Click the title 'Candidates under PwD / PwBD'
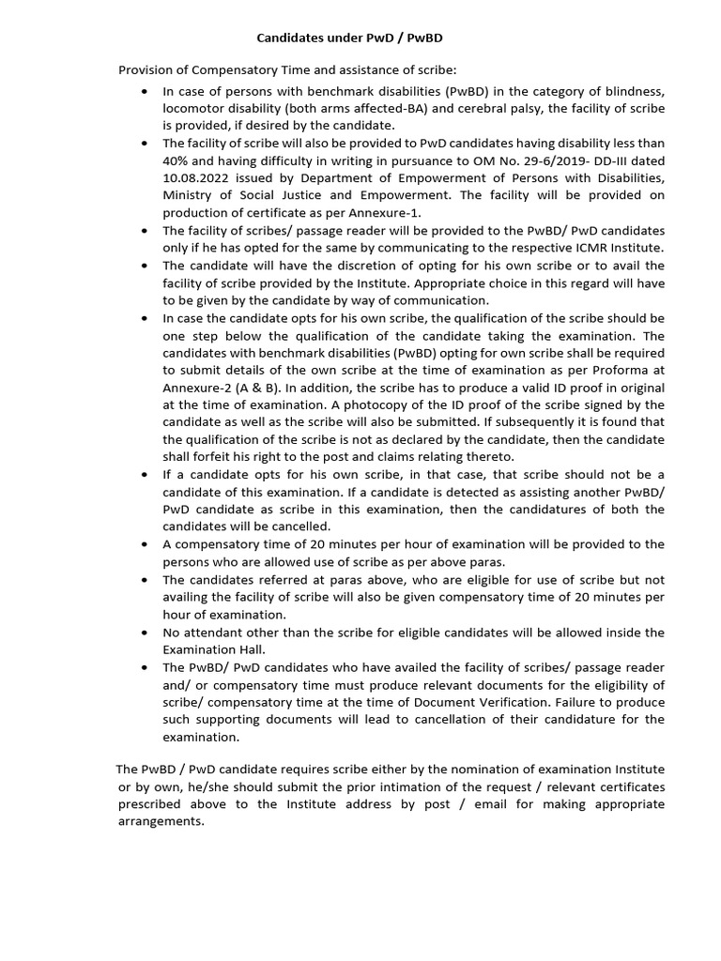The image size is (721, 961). coord(350,38)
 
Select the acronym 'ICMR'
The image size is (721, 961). coord(566,248)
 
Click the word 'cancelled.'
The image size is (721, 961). coord(299,526)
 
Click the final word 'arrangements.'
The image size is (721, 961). coord(161,820)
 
